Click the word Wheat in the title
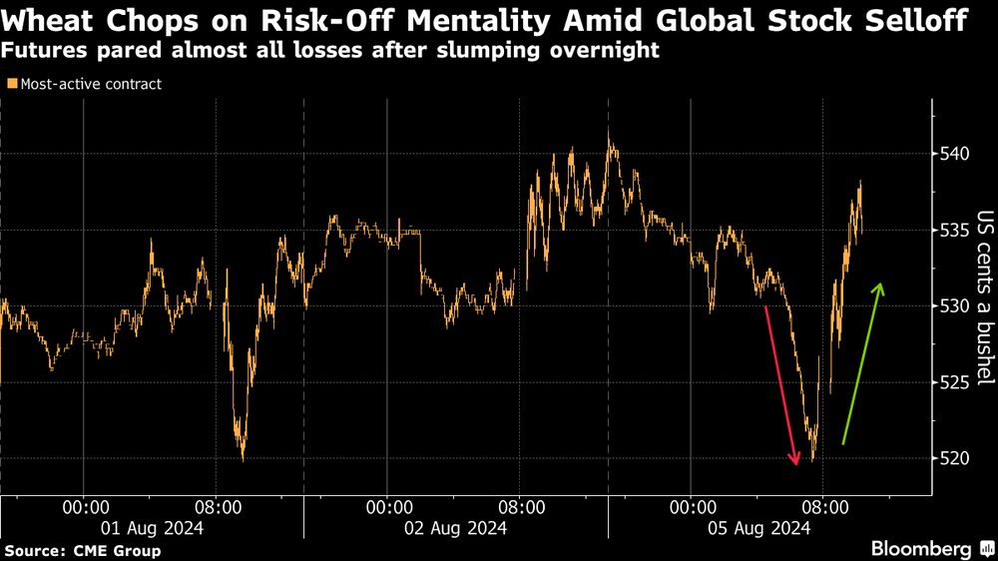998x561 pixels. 49,19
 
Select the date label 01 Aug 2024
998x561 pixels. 151,528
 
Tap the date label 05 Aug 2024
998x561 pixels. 758,528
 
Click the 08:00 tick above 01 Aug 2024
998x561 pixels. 216,507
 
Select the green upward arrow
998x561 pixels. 861,363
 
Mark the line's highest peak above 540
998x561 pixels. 610,133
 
